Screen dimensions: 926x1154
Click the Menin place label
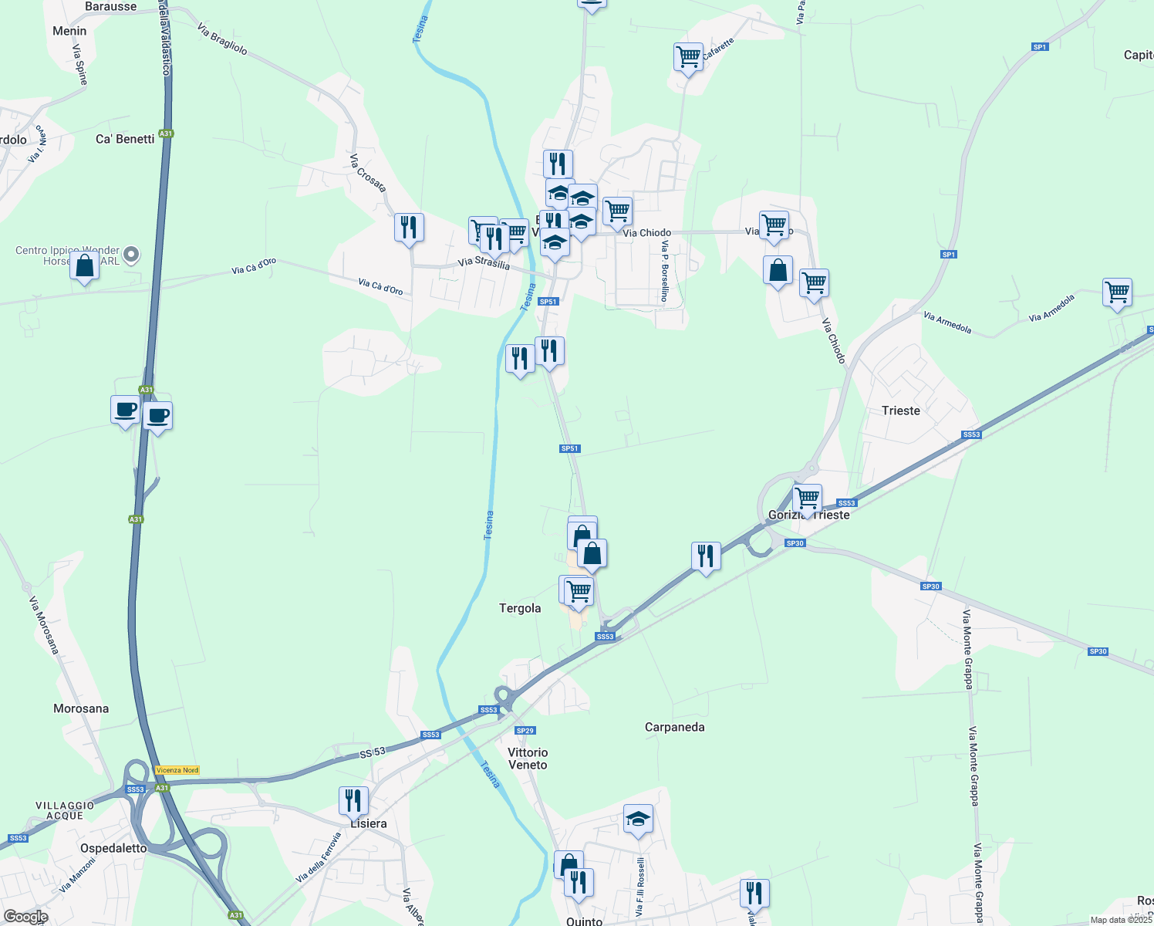click(69, 31)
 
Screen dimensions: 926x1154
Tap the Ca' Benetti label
click(125, 139)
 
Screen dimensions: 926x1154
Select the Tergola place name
click(520, 608)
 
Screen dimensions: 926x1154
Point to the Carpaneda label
click(674, 727)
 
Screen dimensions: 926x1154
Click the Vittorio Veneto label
click(528, 759)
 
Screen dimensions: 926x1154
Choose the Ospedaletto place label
click(113, 848)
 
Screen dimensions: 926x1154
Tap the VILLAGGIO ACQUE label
click(65, 810)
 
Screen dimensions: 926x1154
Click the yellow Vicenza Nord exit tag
click(177, 770)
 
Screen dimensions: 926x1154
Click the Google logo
click(26, 917)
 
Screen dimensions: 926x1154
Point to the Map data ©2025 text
click(1121, 920)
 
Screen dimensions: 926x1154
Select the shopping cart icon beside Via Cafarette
click(688, 56)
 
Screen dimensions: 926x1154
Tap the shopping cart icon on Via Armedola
click(1117, 292)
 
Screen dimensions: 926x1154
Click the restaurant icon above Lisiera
click(353, 800)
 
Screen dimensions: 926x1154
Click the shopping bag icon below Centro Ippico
click(85, 266)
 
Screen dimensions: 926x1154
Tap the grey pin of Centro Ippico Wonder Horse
click(131, 254)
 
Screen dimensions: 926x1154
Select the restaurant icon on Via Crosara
click(409, 228)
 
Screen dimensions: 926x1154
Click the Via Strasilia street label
click(484, 263)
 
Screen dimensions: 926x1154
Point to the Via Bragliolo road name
click(222, 39)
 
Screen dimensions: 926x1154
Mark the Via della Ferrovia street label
click(318, 858)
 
